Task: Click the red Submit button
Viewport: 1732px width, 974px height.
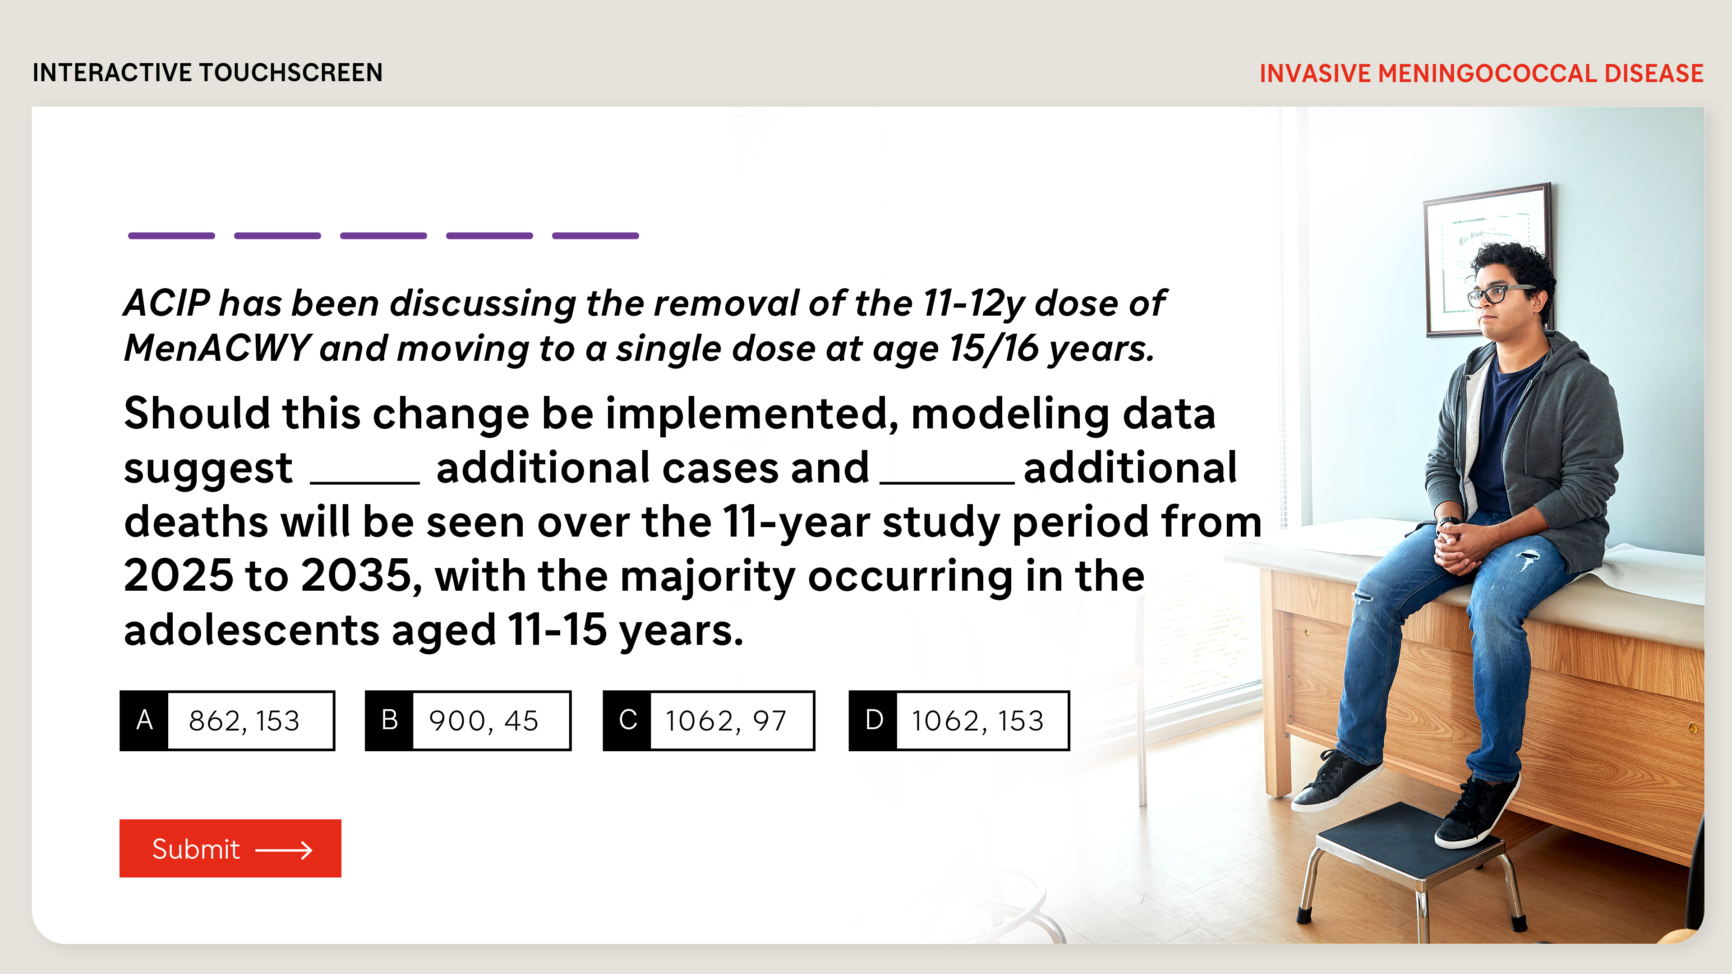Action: (230, 848)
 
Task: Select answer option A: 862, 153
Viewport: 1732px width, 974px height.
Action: (227, 721)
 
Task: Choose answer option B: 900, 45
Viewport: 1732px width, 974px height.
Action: (468, 721)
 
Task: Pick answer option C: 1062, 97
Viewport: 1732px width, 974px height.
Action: (709, 721)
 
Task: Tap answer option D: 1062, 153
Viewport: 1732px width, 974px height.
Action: (959, 721)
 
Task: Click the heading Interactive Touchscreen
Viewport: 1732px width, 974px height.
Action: (208, 73)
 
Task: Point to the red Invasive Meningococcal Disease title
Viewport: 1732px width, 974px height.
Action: (1481, 73)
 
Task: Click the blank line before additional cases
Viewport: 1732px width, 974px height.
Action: (365, 482)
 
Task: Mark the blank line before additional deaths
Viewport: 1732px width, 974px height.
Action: (947, 482)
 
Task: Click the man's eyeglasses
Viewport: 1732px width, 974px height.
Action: (1500, 294)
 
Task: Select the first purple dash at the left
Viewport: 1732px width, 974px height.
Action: (171, 236)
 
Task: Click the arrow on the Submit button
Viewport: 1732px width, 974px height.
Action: (284, 850)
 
